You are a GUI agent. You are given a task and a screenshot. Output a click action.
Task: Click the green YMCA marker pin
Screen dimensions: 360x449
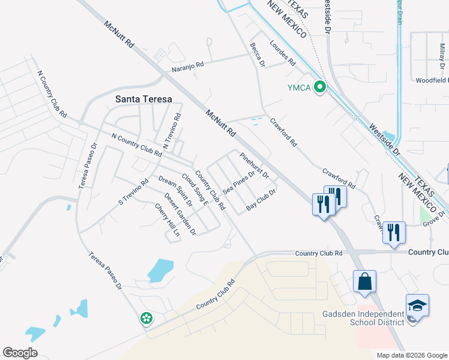321,88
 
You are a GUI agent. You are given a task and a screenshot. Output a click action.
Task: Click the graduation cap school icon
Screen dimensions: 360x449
417,306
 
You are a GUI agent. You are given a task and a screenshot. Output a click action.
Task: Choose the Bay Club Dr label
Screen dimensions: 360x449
261,200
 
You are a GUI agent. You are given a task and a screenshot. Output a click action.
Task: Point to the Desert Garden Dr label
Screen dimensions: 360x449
180,214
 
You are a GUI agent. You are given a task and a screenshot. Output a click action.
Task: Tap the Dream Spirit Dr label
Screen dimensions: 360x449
175,191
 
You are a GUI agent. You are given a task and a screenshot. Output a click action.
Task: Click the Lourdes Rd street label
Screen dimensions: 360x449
283,53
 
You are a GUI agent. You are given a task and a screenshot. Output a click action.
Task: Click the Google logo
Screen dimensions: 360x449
20,352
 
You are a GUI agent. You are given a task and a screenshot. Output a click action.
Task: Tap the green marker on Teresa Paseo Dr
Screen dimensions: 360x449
146,319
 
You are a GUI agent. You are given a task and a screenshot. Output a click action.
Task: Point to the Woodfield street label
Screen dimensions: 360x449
432,80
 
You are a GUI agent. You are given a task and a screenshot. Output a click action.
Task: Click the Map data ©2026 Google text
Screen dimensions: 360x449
411,355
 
